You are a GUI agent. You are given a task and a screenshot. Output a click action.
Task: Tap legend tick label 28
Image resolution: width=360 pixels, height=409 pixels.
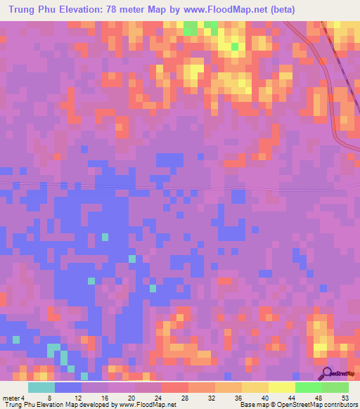[x=185, y=398]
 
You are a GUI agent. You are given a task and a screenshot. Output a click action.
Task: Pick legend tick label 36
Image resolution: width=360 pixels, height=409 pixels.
[x=238, y=398]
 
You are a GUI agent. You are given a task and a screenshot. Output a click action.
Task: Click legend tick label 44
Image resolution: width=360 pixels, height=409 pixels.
[x=292, y=398]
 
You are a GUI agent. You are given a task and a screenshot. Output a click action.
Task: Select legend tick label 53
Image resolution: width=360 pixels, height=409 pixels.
[x=344, y=398]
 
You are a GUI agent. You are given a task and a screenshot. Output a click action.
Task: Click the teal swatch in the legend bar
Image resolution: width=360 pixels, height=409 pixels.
[x=41, y=387]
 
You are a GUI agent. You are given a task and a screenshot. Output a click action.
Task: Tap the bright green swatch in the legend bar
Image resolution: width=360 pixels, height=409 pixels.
[x=308, y=387]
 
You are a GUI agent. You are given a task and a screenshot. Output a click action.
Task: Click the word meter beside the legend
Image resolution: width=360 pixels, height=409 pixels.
[x=11, y=398]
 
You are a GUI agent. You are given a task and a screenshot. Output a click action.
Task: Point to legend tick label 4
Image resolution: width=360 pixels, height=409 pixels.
[x=23, y=398]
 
